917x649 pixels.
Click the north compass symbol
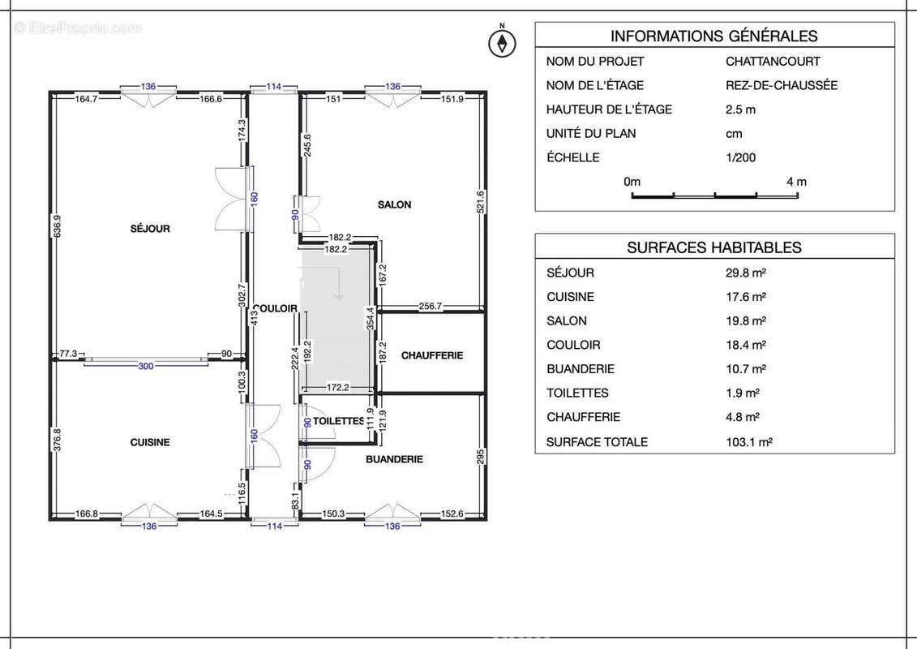tap(503, 42)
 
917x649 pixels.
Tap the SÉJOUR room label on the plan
tap(150, 229)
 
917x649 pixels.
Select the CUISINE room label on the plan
tap(150, 442)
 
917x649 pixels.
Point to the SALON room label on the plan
tap(394, 204)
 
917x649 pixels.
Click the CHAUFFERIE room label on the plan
tap(432, 355)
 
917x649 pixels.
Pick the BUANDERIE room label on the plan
tap(394, 459)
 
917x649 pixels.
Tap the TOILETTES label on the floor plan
tap(338, 421)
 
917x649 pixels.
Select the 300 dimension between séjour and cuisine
tap(145, 367)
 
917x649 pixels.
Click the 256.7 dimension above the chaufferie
tap(431, 306)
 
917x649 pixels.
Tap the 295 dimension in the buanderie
tap(480, 456)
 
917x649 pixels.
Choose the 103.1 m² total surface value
tap(748, 442)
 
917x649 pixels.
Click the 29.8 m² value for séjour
tap(746, 273)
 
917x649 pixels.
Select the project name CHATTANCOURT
tap(773, 61)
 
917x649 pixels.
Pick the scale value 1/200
tap(740, 157)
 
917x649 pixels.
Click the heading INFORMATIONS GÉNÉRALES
tap(713, 36)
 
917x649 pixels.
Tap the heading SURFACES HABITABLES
tap(713, 247)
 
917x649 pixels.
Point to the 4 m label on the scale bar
tap(796, 182)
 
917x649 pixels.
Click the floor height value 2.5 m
tap(741, 110)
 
